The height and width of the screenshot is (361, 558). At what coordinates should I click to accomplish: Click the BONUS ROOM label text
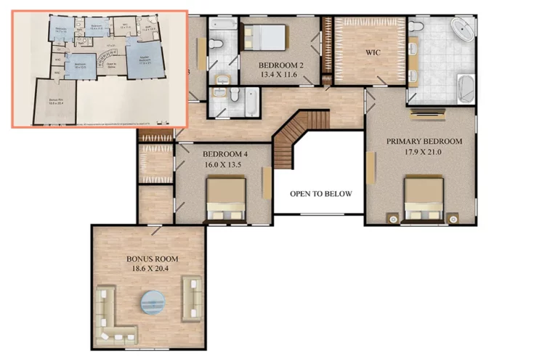(152, 259)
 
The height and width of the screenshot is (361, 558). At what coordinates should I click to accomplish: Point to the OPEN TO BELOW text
(320, 194)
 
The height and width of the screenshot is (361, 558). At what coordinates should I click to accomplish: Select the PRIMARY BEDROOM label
(424, 141)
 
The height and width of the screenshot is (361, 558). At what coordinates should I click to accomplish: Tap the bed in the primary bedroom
(424, 198)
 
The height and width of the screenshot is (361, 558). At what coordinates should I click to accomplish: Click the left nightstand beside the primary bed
(392, 216)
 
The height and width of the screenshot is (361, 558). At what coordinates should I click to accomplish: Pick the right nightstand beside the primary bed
(453, 216)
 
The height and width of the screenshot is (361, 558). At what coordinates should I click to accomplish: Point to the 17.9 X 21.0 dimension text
(424, 152)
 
